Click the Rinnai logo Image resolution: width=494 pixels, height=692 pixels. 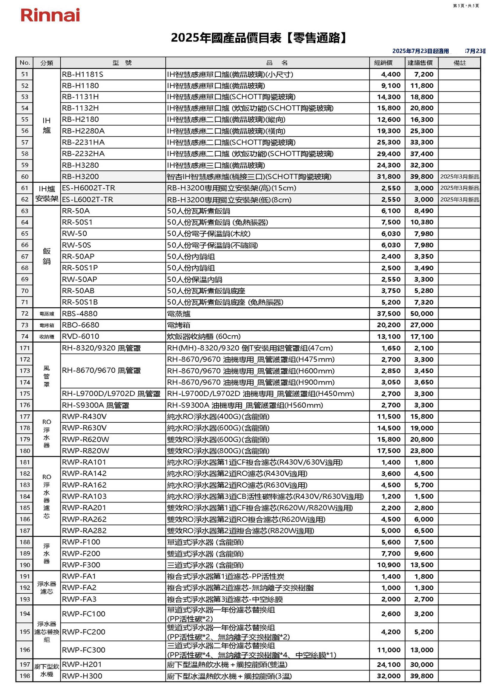tap(50, 15)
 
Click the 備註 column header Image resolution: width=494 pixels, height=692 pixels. tap(459, 63)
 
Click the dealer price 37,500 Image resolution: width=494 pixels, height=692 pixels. tap(389, 314)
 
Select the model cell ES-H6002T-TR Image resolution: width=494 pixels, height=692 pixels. tap(88, 188)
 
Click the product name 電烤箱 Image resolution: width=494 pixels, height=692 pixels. tap(179, 325)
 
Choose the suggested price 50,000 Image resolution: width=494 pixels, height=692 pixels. tap(422, 314)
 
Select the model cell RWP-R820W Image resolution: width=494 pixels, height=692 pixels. tap(85, 450)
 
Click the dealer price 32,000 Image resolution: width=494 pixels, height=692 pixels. tap(389, 676)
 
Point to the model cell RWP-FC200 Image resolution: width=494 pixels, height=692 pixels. tap(83, 632)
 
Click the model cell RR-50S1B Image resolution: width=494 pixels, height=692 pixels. tap(80, 302)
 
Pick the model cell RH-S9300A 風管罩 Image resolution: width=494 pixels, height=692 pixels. tap(96, 405)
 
